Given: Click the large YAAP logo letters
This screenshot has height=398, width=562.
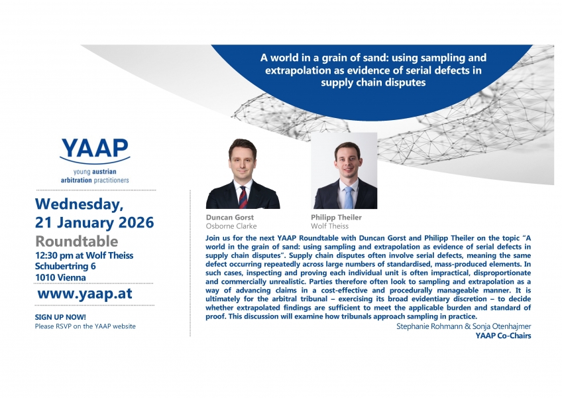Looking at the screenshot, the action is click(x=95, y=148).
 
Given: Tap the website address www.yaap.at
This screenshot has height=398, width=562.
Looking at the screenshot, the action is click(x=85, y=293).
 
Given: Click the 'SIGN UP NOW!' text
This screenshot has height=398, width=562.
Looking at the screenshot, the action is click(x=60, y=317).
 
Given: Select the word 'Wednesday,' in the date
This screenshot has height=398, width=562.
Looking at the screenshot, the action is click(x=80, y=204).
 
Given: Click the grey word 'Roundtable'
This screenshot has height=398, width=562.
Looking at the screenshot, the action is click(x=77, y=241).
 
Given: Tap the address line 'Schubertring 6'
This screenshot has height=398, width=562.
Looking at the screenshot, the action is click(x=65, y=266).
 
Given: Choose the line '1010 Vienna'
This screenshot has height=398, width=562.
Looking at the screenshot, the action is click(x=60, y=277).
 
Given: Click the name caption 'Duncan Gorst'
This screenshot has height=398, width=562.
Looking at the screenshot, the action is click(x=230, y=217).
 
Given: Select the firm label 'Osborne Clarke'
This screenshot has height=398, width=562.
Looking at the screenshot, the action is click(x=231, y=226).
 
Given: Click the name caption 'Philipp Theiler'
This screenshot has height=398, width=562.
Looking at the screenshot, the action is click(x=336, y=217).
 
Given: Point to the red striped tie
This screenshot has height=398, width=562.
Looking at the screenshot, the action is click(x=243, y=197).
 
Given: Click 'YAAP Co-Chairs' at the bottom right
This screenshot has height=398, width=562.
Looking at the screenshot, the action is click(x=503, y=336).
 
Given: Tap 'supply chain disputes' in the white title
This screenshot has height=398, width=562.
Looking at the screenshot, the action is click(x=373, y=82).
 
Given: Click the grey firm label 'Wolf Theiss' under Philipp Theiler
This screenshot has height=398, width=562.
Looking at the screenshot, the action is click(x=329, y=226).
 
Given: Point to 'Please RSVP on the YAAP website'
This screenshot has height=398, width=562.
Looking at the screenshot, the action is click(x=85, y=326).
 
